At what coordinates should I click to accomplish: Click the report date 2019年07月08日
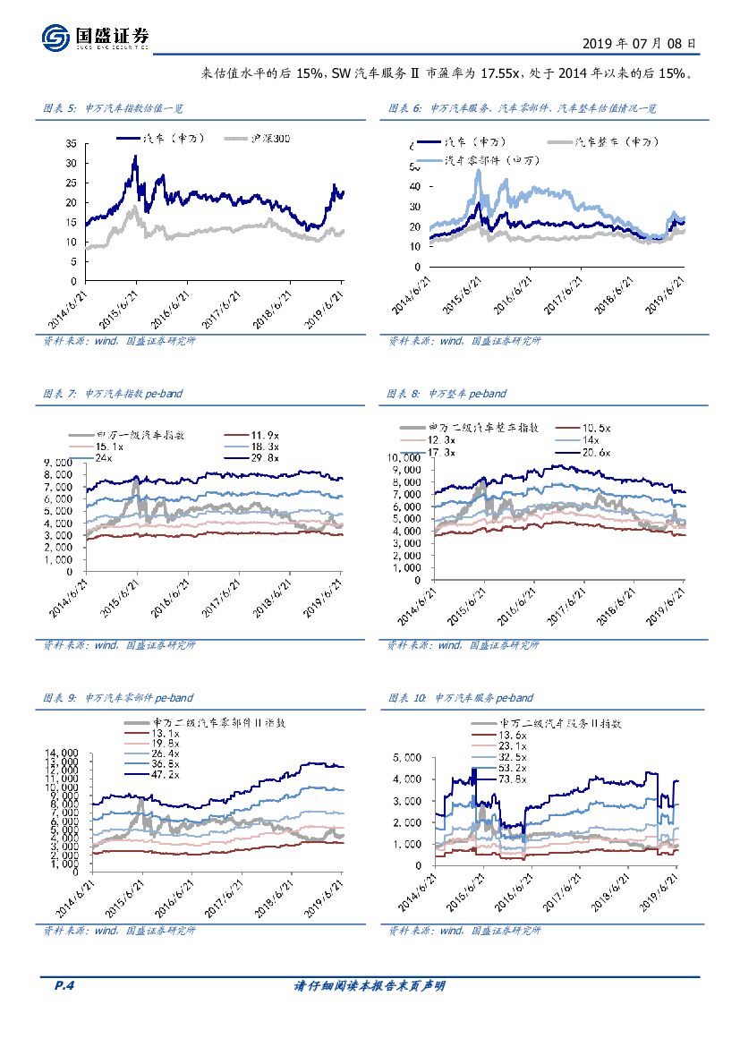638,42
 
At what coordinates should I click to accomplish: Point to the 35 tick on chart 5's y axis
70,144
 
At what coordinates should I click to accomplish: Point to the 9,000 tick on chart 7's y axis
60,461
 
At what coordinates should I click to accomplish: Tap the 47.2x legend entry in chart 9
164,775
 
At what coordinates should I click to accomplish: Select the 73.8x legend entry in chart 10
511,779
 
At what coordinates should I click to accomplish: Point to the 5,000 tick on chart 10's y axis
409,757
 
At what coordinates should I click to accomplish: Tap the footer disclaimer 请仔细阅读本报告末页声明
370,986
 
